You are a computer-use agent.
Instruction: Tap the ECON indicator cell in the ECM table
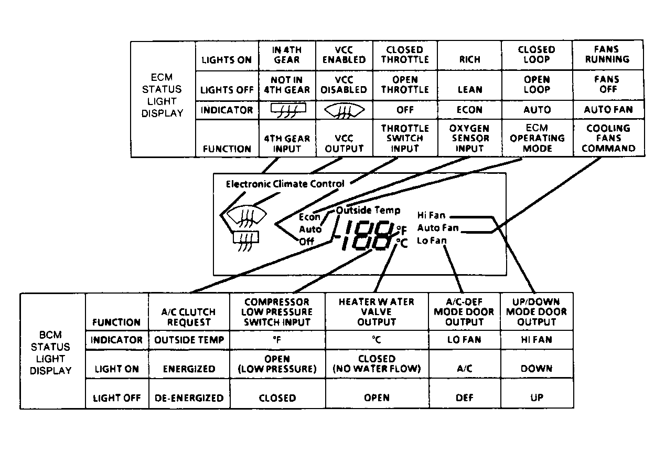tap(470, 110)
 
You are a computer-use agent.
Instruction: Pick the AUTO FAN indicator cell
tap(608, 110)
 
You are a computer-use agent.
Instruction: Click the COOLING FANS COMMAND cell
tap(608, 138)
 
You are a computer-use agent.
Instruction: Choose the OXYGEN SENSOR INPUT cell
tap(469, 138)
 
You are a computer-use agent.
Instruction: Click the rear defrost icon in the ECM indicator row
tap(288, 110)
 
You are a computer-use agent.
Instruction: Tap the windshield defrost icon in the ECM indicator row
tap(344, 111)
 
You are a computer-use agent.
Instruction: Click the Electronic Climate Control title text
tap(285, 184)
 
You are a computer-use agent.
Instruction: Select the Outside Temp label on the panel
tap(368, 210)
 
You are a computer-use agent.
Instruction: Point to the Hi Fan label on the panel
tap(432, 215)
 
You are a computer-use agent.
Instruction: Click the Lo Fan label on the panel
tap(432, 241)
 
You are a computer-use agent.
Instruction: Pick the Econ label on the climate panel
tap(309, 217)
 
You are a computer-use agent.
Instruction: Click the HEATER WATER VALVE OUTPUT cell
tap(377, 312)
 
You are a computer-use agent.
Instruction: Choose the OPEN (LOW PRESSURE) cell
tap(277, 364)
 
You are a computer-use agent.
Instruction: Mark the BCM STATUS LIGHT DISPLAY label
tap(51, 353)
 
